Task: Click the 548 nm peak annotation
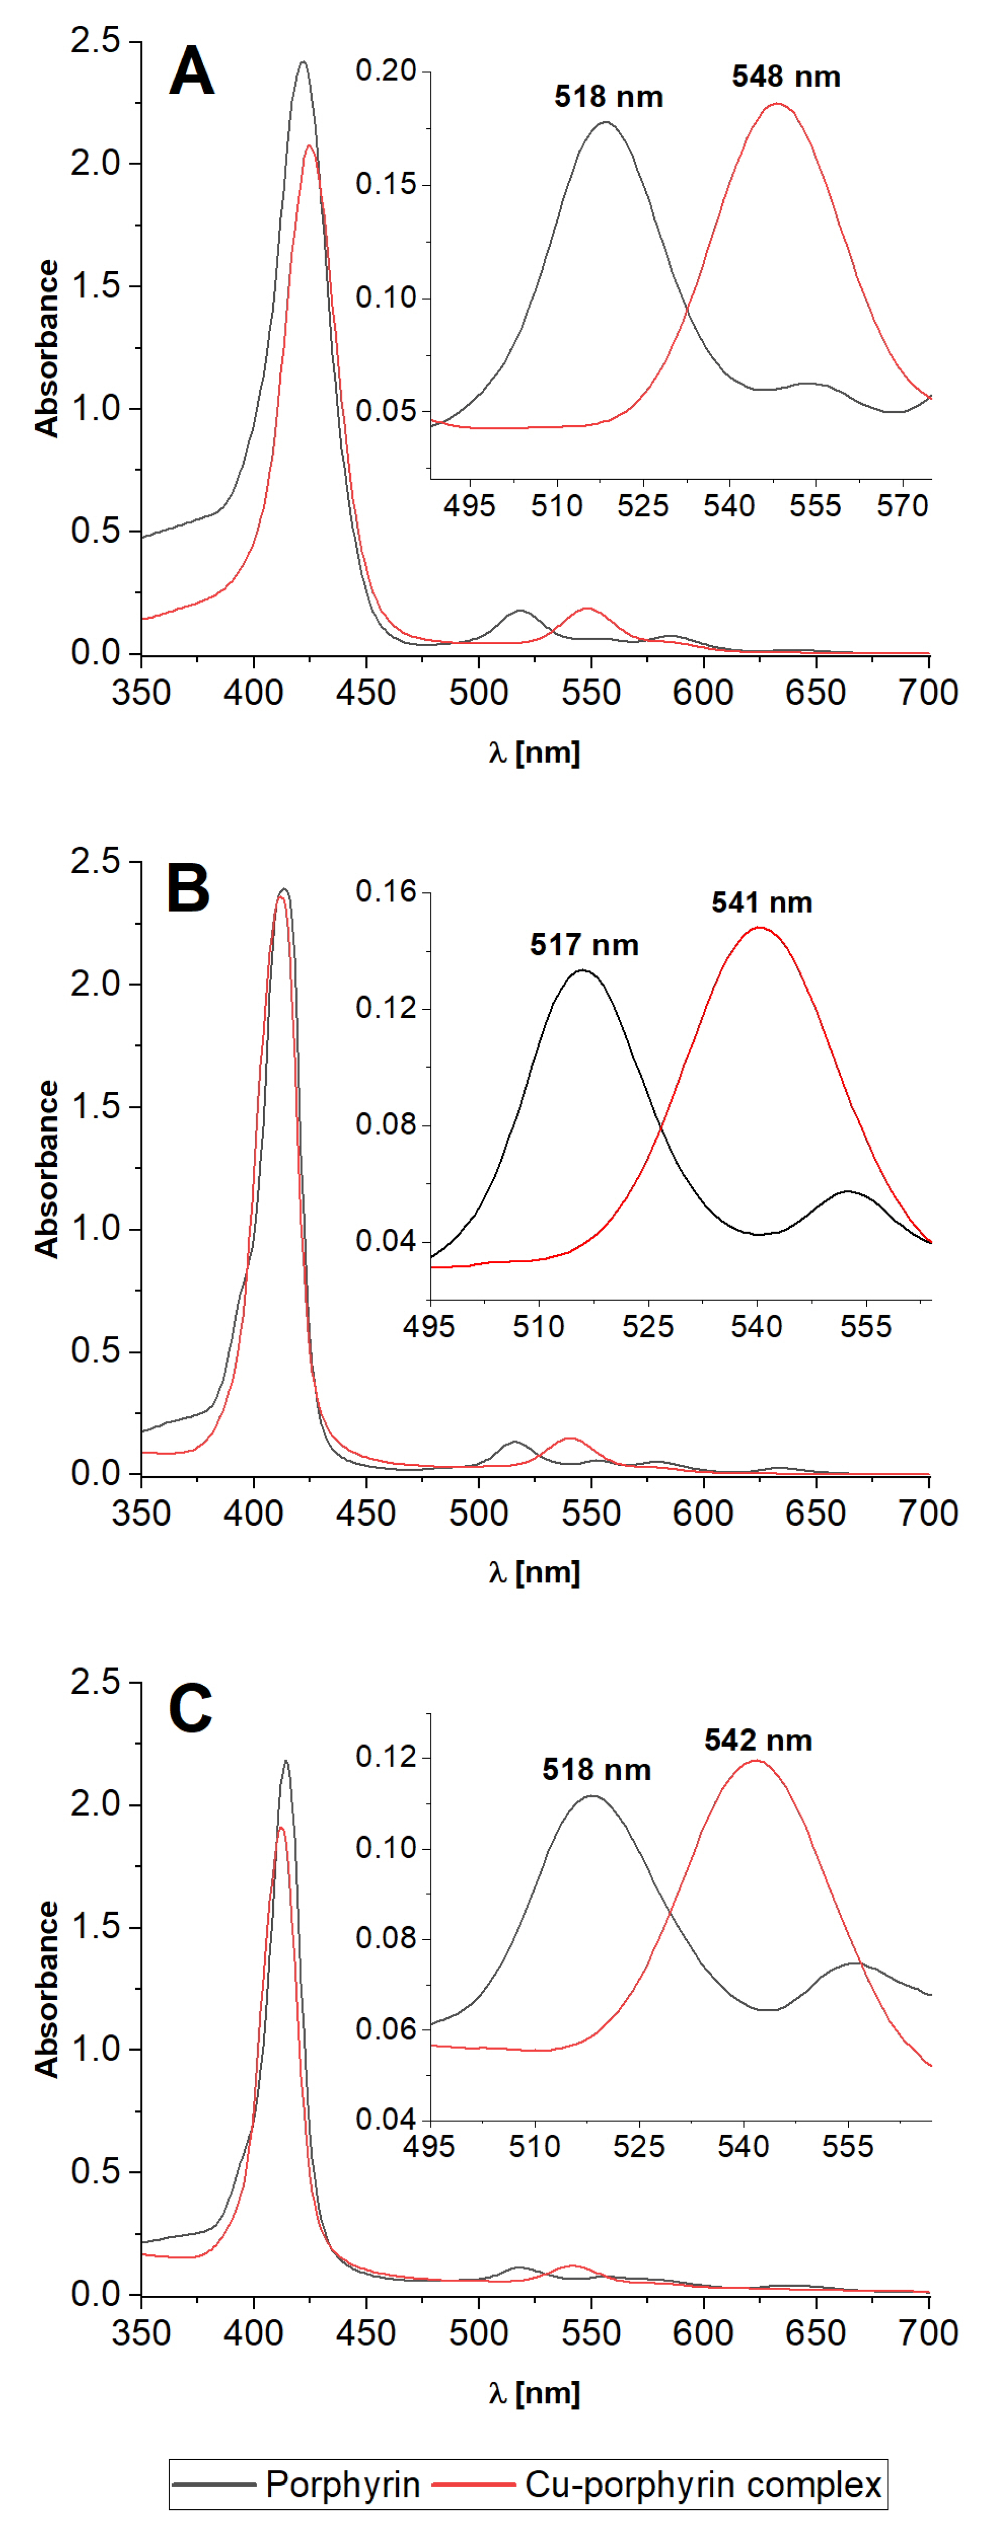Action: (786, 77)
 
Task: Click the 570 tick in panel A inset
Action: (902, 507)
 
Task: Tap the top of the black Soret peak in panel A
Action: (303, 62)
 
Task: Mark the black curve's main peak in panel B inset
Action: (583, 970)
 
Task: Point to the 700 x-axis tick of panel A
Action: (928, 692)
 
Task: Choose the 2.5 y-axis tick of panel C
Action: (95, 1682)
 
